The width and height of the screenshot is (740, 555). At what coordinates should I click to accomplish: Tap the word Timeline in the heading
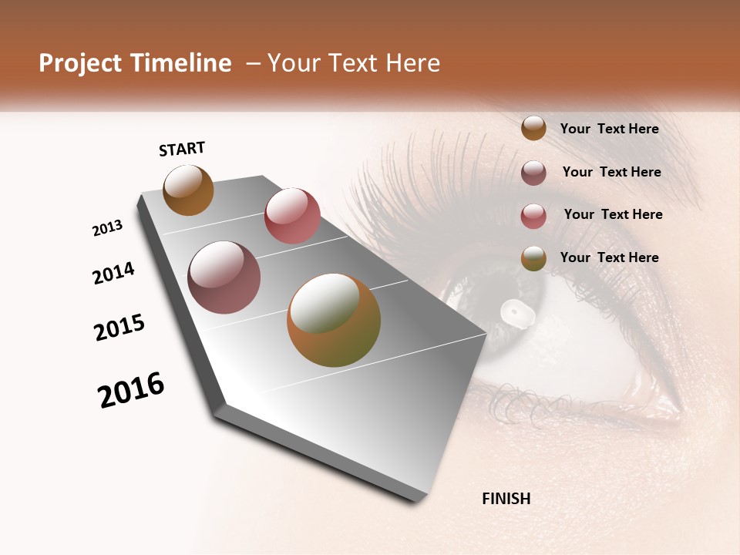pyautogui.click(x=182, y=64)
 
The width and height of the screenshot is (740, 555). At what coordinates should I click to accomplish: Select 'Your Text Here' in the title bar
pyautogui.click(x=354, y=64)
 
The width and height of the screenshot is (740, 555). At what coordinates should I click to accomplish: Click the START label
pyautogui.click(x=182, y=149)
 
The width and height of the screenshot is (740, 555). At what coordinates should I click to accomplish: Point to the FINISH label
pyautogui.click(x=506, y=499)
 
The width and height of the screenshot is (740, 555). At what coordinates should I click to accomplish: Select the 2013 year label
pyautogui.click(x=107, y=228)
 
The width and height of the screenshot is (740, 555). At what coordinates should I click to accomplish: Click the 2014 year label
pyautogui.click(x=113, y=274)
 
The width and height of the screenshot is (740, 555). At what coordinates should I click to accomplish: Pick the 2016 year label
pyautogui.click(x=131, y=390)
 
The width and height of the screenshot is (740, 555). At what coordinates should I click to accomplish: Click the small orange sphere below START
pyautogui.click(x=188, y=190)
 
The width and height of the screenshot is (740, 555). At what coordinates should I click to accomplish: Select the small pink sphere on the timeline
pyautogui.click(x=292, y=216)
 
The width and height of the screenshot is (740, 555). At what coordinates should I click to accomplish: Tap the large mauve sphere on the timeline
pyautogui.click(x=224, y=277)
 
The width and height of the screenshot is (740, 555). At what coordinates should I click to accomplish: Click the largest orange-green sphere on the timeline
pyautogui.click(x=334, y=320)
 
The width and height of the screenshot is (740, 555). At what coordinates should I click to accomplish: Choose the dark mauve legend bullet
pyautogui.click(x=533, y=173)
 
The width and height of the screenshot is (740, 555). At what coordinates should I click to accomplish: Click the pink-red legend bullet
pyautogui.click(x=533, y=216)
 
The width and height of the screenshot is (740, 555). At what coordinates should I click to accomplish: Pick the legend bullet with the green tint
pyautogui.click(x=533, y=259)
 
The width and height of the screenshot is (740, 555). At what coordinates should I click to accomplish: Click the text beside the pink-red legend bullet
pyautogui.click(x=613, y=214)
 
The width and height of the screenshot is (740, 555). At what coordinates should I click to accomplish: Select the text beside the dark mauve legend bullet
pyautogui.click(x=611, y=172)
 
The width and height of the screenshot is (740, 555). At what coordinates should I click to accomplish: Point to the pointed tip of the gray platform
pyautogui.click(x=420, y=499)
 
